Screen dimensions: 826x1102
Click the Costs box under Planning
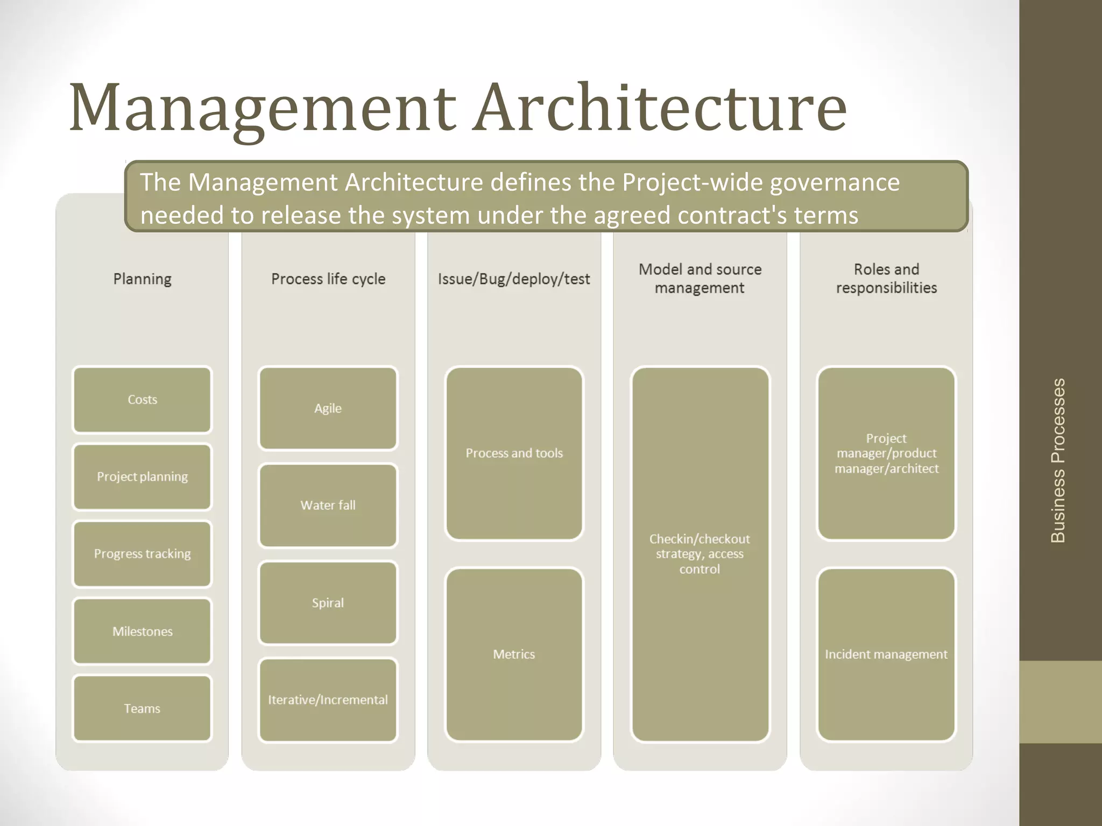click(142, 400)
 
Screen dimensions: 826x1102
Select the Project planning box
click(142, 476)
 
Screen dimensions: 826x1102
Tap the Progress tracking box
click(142, 554)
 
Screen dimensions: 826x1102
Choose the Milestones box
click(142, 631)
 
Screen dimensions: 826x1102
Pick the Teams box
click(142, 708)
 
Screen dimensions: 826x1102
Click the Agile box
click(328, 408)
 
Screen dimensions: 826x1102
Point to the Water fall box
click(328, 505)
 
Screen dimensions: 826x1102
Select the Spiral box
click(328, 603)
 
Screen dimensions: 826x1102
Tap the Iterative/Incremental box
click(328, 700)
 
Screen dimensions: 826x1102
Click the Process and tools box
click(514, 453)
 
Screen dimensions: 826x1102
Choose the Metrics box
click(514, 654)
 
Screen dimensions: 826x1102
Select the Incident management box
click(886, 654)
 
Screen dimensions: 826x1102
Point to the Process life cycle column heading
click(328, 279)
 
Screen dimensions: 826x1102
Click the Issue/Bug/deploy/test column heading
click(514, 279)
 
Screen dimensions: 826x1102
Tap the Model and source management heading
click(700, 279)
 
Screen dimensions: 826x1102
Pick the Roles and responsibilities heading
click(886, 279)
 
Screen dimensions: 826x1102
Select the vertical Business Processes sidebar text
click(1058, 460)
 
